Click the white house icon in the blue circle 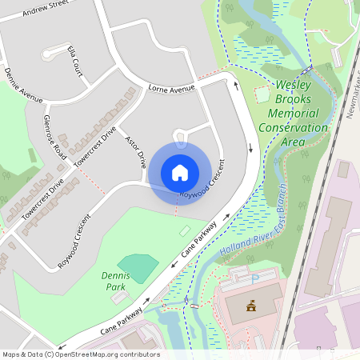[180, 172]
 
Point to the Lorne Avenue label [171, 89]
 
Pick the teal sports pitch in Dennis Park [138, 267]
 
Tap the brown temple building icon [251, 305]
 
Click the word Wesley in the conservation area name [295, 85]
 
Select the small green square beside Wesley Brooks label [262, 94]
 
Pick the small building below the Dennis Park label [118, 297]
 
